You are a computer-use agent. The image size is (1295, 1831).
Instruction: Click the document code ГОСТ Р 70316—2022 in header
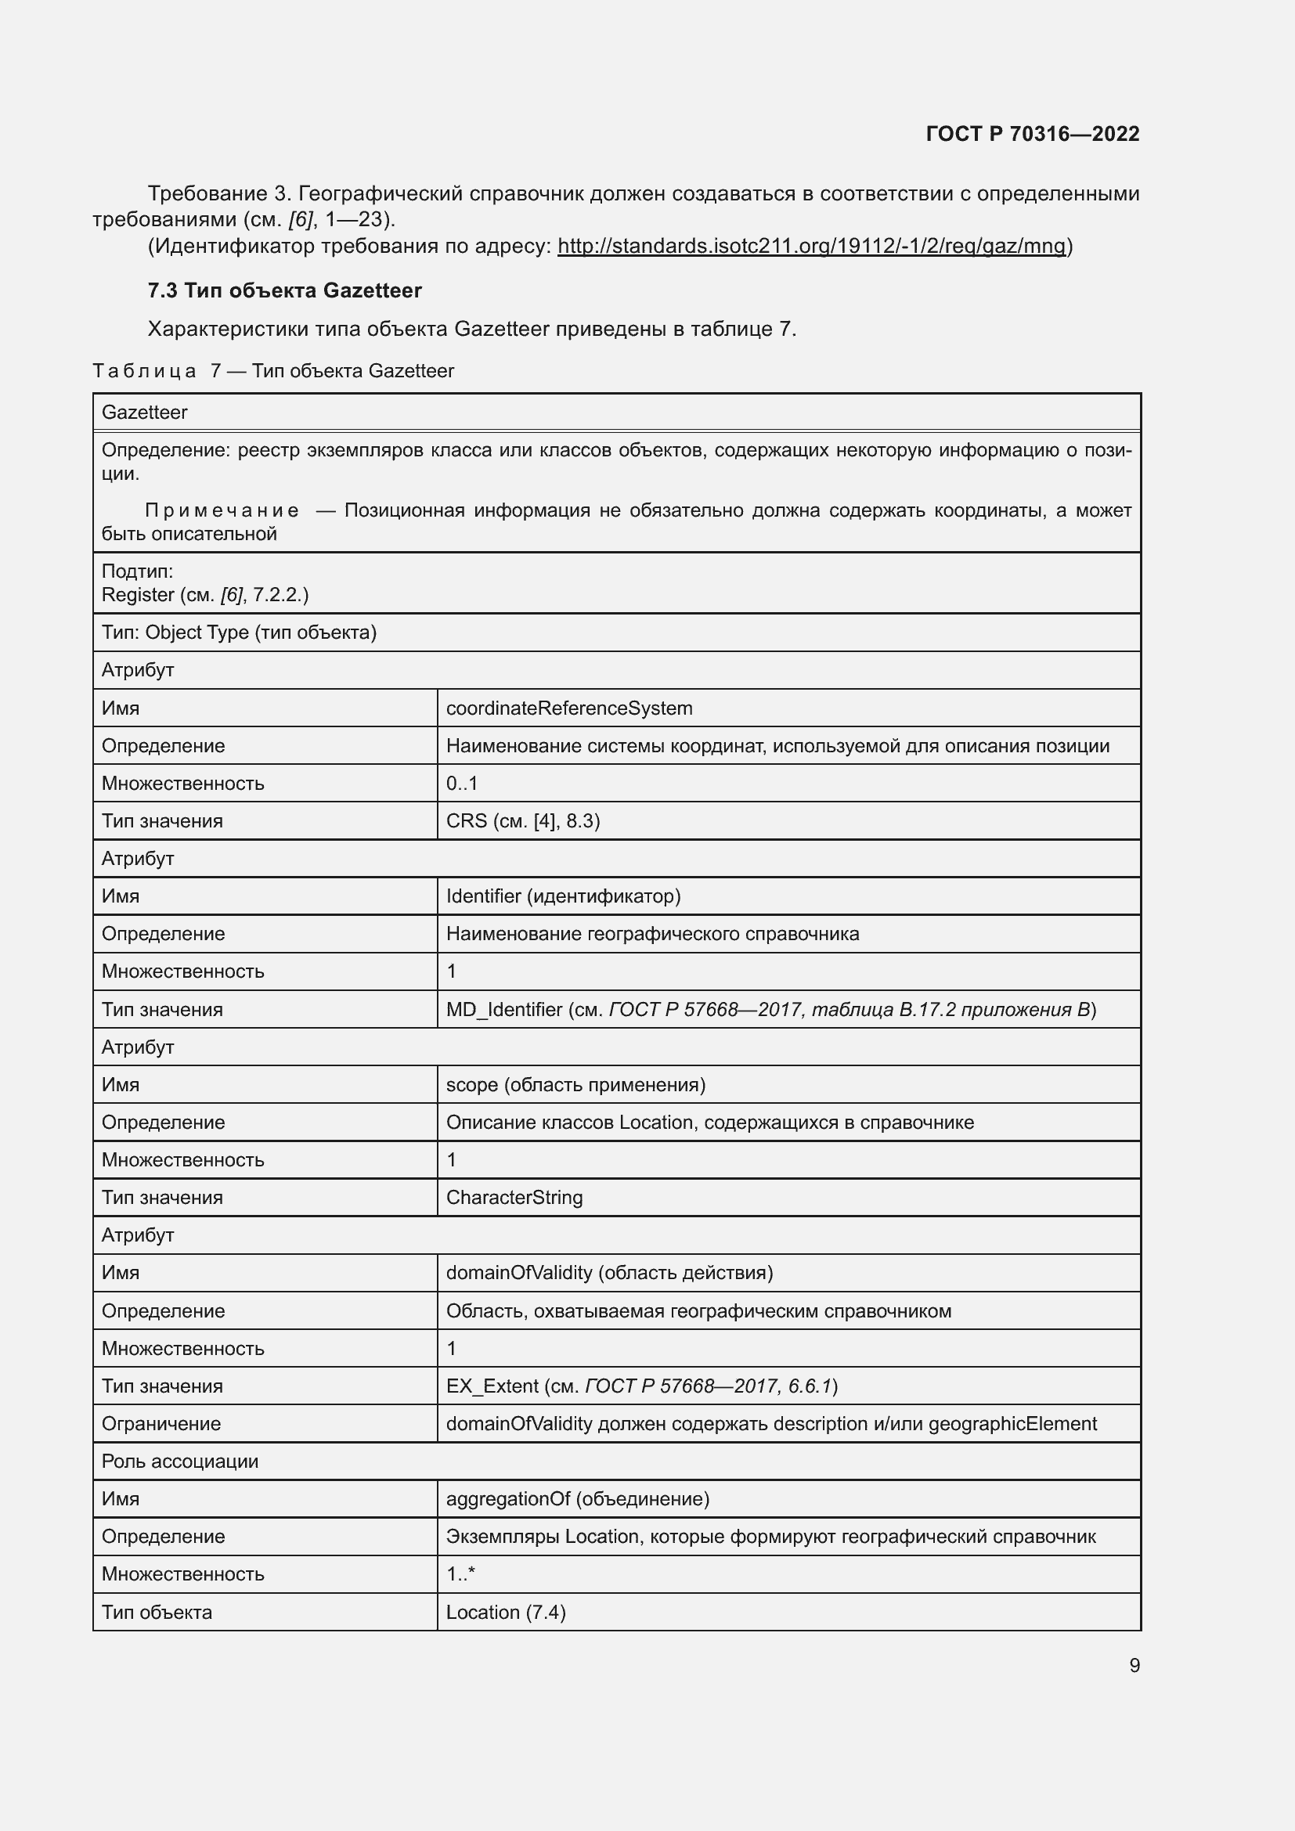click(1032, 134)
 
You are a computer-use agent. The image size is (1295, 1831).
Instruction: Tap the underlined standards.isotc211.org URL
click(811, 246)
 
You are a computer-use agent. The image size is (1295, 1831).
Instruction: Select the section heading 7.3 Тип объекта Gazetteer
click(285, 290)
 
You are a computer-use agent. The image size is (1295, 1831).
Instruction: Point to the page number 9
click(1134, 1665)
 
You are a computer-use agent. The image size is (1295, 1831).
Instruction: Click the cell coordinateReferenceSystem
click(568, 708)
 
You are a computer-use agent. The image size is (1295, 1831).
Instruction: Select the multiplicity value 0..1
click(462, 783)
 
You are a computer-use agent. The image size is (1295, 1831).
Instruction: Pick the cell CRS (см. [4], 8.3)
click(522, 820)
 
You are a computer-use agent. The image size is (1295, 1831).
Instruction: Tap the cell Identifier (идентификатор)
click(563, 896)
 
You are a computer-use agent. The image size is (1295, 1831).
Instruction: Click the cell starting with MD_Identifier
click(770, 1010)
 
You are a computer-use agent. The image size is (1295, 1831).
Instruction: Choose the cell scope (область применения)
click(575, 1084)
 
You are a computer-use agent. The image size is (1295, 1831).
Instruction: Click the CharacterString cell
click(514, 1197)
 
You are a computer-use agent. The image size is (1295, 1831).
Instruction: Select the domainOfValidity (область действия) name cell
click(609, 1272)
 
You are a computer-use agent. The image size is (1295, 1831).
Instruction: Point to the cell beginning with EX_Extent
click(641, 1386)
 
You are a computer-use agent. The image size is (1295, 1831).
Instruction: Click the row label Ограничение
click(161, 1423)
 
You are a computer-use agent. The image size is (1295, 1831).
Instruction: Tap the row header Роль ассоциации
click(180, 1461)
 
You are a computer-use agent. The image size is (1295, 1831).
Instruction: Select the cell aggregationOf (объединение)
click(577, 1498)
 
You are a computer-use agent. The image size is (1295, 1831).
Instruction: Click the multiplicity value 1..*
click(460, 1573)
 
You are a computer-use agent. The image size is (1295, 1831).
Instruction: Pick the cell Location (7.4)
click(506, 1612)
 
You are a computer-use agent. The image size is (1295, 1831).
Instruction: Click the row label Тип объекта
click(157, 1612)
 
